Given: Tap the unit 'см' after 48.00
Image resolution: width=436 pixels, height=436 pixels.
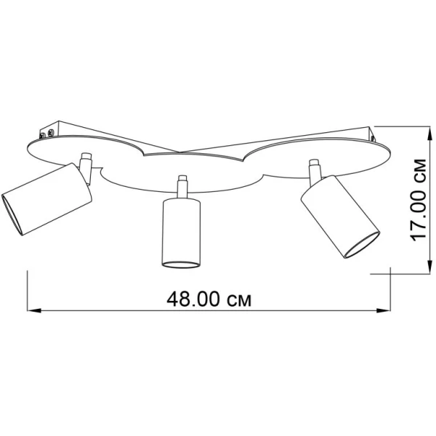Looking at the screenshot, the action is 239,301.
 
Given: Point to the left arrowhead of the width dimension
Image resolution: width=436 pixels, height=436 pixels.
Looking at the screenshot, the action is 34,310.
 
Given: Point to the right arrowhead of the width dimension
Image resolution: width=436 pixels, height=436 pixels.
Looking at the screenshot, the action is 384,310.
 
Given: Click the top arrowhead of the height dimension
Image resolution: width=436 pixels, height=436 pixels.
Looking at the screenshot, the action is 430,134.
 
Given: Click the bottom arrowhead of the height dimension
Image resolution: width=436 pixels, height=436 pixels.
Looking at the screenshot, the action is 430,267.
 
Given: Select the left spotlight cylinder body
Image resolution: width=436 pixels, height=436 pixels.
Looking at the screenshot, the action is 47,199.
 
